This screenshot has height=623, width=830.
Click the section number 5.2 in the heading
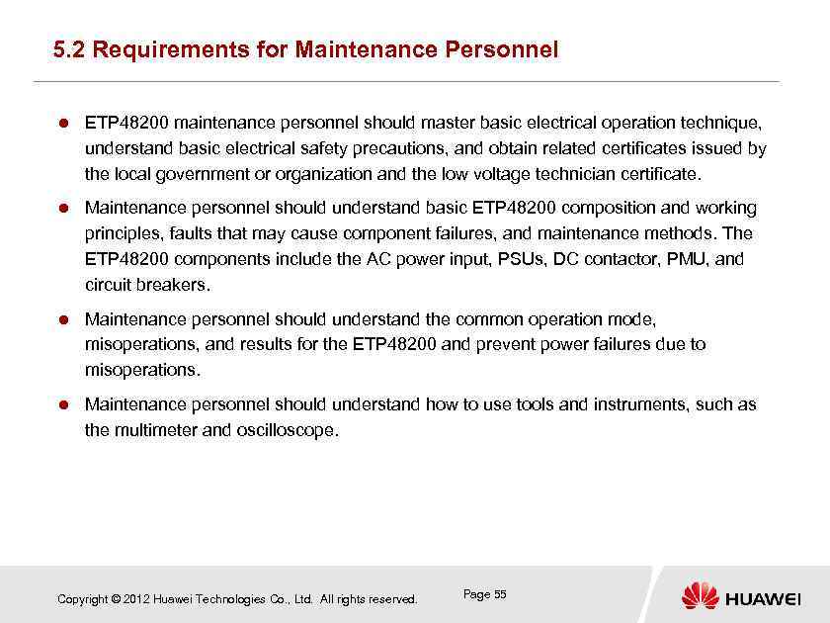tap(69, 49)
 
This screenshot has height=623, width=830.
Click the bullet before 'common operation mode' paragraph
tap(60, 320)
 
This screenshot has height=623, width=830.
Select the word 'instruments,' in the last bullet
tap(641, 404)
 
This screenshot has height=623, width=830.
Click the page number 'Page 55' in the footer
tap(484, 594)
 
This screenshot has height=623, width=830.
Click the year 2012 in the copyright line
tap(137, 599)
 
